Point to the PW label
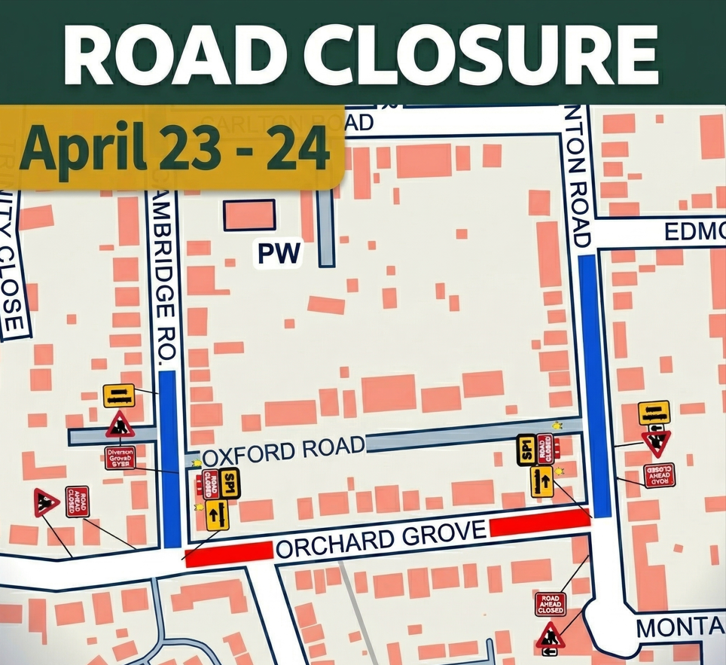[x=279, y=254]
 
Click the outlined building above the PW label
[x=249, y=215]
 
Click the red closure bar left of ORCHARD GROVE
[x=228, y=554]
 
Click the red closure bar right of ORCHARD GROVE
[x=539, y=522]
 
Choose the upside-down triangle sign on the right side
[x=656, y=443]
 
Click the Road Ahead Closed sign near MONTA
[x=550, y=604]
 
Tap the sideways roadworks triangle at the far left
[x=46, y=502]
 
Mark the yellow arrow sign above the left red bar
[x=217, y=515]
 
